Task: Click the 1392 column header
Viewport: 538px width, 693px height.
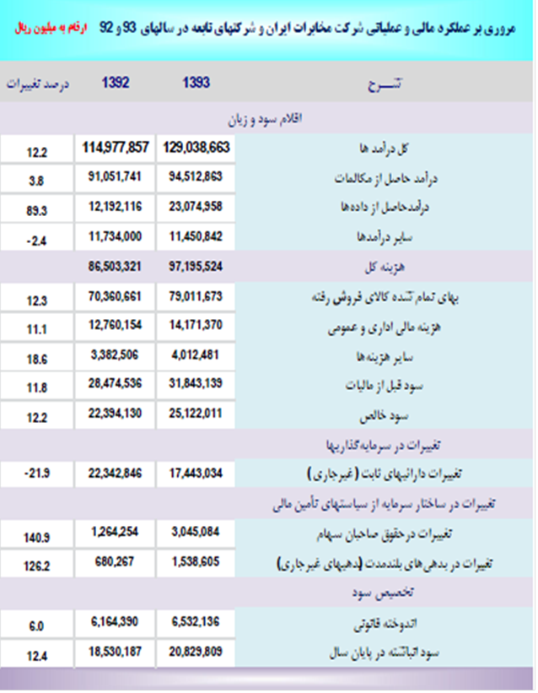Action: click(x=116, y=84)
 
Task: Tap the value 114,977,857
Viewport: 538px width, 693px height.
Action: click(x=116, y=147)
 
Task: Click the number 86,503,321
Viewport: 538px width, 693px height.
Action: click(x=116, y=267)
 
